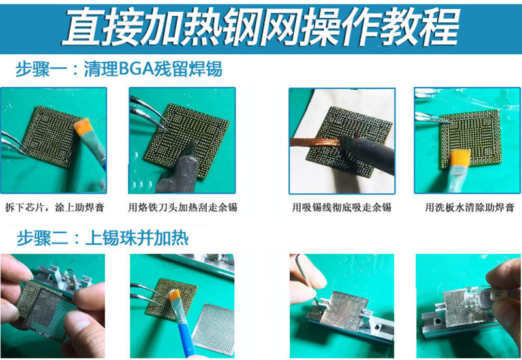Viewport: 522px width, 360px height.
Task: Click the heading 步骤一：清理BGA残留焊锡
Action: click(119, 68)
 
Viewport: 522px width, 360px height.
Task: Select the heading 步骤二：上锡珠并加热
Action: click(102, 237)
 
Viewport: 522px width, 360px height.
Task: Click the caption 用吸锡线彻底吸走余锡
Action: click(341, 208)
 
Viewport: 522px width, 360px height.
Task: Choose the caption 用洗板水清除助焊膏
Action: click(468, 208)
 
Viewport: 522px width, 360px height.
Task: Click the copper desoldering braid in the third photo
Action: click(313, 141)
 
